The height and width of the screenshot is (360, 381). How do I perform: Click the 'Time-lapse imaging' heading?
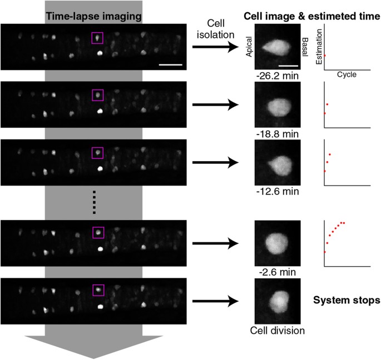93,16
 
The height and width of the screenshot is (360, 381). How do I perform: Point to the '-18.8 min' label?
276,134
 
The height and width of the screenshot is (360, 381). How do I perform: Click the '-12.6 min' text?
276,192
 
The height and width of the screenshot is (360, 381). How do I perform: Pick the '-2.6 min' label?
276,273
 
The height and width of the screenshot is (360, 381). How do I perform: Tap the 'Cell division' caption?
276,331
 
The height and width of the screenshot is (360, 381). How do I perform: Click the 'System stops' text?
347,301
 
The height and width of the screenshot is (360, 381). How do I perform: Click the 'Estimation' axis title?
318,47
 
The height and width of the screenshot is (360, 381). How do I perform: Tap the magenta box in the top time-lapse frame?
97,37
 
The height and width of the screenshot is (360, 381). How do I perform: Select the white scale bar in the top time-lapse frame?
170,65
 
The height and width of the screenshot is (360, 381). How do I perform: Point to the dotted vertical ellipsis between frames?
94,202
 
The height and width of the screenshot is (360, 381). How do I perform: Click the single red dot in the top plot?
324,55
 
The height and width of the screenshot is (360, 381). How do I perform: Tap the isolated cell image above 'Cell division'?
277,301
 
